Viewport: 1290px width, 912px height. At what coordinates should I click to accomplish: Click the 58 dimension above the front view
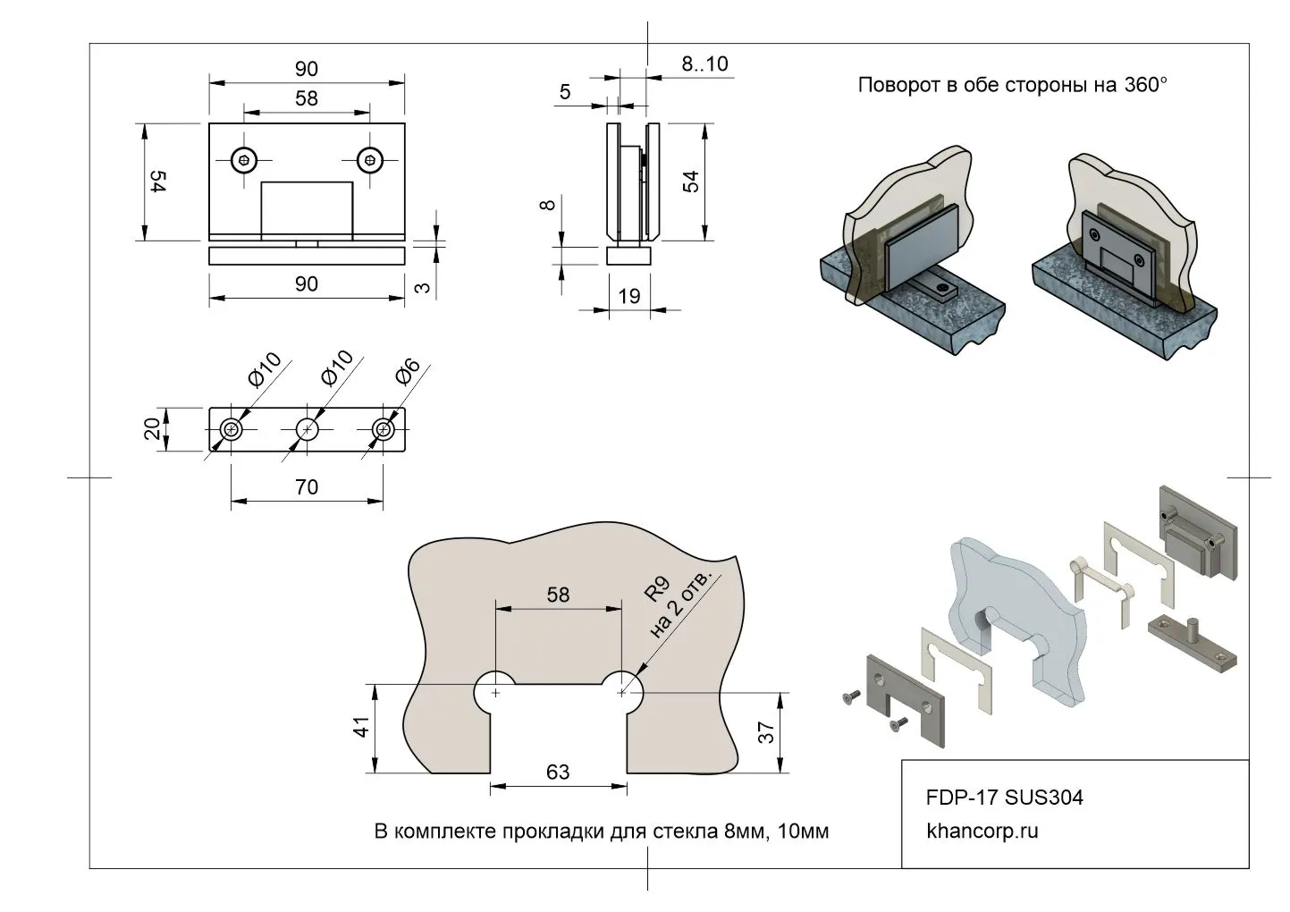click(x=306, y=98)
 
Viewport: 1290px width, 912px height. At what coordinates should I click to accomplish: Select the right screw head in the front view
click(x=369, y=161)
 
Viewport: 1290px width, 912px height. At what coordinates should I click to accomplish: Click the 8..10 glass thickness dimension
click(x=704, y=63)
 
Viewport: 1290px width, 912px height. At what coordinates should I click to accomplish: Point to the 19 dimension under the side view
click(x=629, y=296)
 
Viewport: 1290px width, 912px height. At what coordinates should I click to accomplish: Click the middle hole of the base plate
click(x=308, y=430)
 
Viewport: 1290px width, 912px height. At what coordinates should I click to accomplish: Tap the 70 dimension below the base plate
click(x=306, y=487)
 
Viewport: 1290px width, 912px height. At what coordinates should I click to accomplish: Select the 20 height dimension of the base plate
click(x=153, y=429)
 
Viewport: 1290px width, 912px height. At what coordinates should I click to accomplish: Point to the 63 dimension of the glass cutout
click(x=557, y=772)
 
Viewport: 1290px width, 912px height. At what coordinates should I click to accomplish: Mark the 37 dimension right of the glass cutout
click(x=766, y=733)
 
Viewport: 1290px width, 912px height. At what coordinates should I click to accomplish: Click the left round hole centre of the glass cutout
click(x=496, y=692)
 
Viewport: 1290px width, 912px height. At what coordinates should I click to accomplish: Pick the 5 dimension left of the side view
click(x=565, y=92)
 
